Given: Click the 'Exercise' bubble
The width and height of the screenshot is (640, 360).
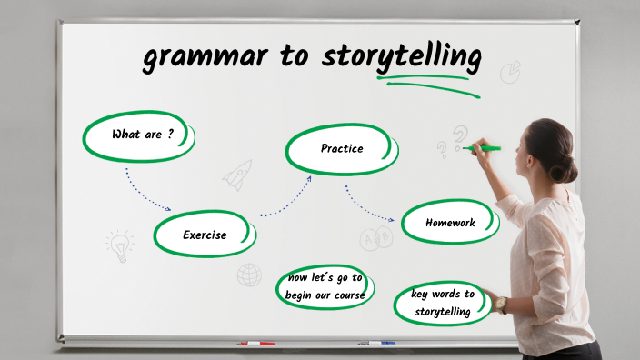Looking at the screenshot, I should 205,235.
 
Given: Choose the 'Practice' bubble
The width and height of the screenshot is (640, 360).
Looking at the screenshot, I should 342,148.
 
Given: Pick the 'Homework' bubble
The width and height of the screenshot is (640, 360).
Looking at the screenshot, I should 450,222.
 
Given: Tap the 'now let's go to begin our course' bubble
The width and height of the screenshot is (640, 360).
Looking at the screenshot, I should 326,286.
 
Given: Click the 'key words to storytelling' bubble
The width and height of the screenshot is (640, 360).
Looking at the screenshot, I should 443,303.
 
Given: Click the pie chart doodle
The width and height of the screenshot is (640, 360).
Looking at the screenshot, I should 511,71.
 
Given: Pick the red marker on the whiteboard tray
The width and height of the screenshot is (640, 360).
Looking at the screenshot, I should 255,344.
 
